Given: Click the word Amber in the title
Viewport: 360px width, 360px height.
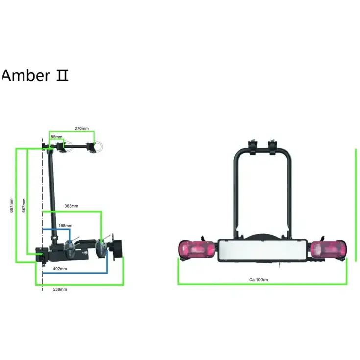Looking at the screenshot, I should click(x=26, y=75).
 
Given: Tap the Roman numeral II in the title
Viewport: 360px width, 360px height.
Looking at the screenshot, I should click(x=62, y=76).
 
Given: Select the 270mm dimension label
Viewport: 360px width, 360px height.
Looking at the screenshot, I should click(x=81, y=128).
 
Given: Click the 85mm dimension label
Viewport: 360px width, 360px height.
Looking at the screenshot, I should click(x=56, y=137).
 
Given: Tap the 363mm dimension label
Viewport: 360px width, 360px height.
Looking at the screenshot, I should click(x=72, y=206).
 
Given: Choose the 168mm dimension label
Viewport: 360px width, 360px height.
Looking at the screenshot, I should click(x=65, y=225).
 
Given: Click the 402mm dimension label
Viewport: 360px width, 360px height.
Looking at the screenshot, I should click(x=60, y=269).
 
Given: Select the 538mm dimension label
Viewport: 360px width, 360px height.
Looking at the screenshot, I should click(x=60, y=289).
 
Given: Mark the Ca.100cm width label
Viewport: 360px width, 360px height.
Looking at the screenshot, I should click(x=259, y=280).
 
